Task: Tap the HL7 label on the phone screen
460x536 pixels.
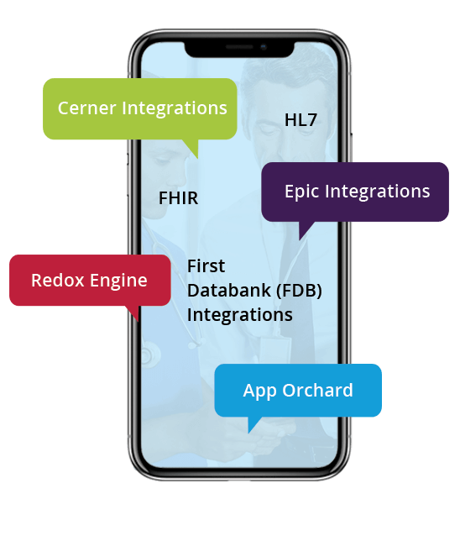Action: pos(301,120)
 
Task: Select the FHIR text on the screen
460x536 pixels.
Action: pos(178,199)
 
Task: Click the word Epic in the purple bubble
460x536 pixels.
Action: pos(301,192)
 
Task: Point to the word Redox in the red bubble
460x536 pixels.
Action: pos(55,281)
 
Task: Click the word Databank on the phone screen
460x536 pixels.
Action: pos(224,291)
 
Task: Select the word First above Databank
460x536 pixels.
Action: pos(206,266)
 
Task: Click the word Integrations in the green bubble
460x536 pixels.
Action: pos(175,108)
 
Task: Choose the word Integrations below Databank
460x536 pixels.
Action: pos(239,315)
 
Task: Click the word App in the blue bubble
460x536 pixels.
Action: pos(259,391)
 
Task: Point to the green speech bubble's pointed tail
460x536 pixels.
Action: pos(194,149)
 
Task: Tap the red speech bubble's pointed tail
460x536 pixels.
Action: pos(133,313)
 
